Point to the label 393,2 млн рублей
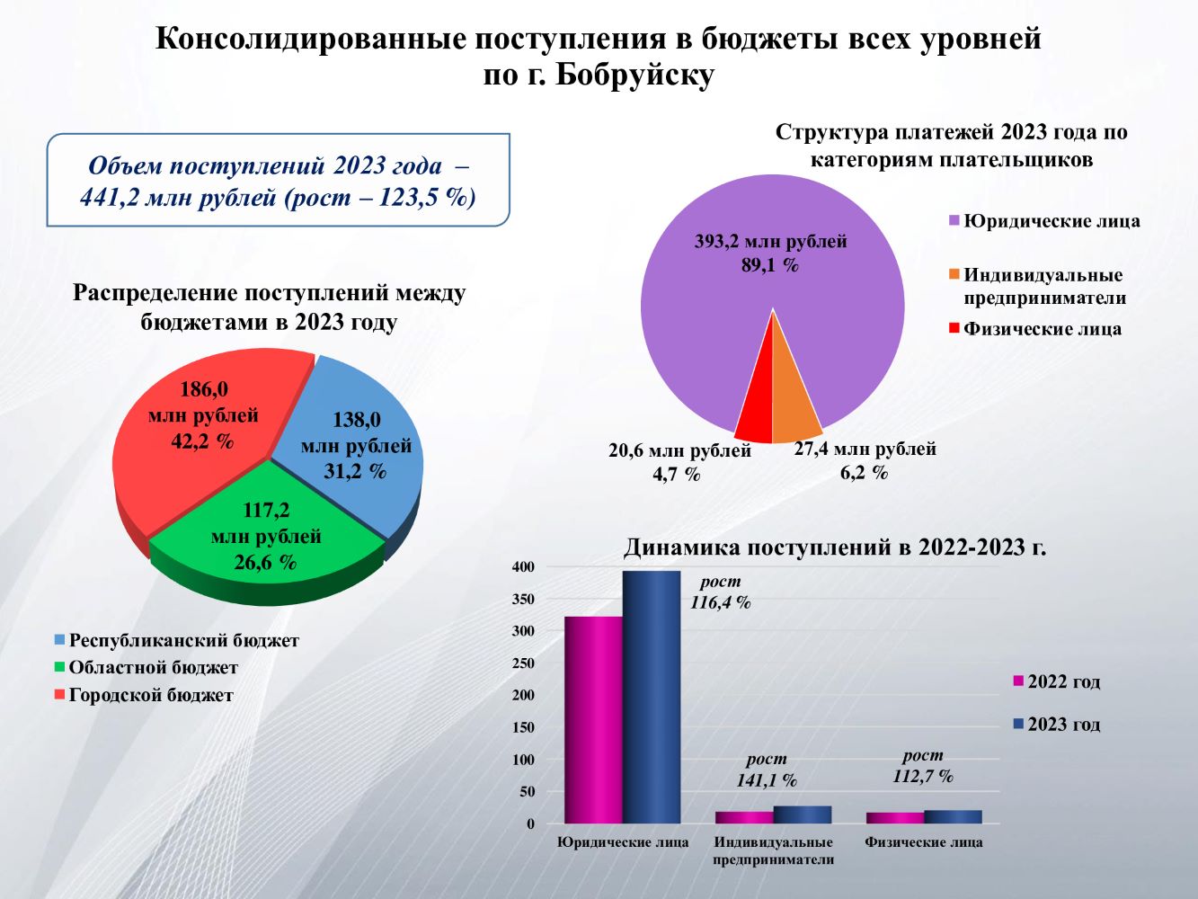(770, 242)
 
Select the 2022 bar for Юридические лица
(593, 719)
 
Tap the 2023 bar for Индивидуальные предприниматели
(803, 814)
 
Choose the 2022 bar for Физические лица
(895, 818)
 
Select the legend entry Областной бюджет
(153, 668)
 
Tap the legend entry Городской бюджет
(150, 695)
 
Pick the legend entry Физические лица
(1042, 329)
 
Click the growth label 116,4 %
(720, 603)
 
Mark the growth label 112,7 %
(923, 777)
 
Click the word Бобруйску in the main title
(634, 76)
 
